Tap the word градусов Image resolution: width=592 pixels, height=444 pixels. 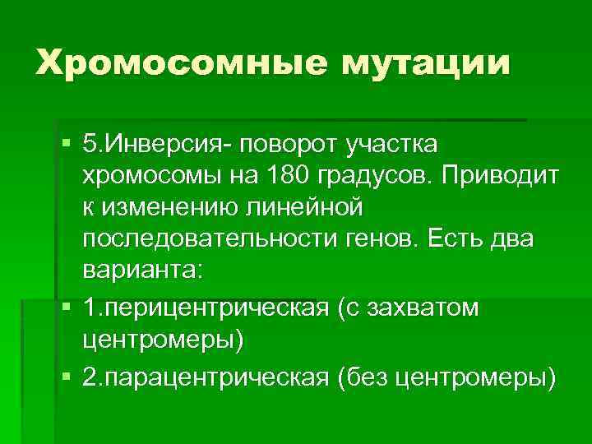375,176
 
